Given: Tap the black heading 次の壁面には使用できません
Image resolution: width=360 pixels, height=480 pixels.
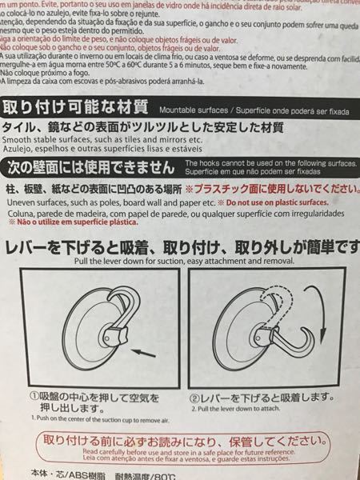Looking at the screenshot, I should coord(88,167).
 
